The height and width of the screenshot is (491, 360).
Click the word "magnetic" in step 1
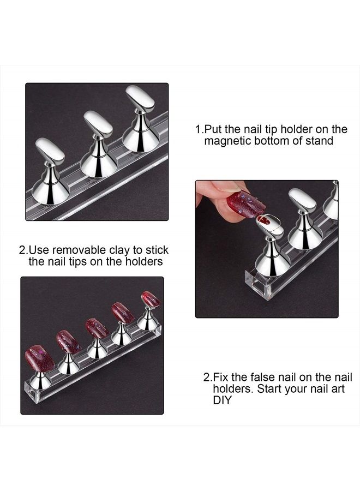[226, 141]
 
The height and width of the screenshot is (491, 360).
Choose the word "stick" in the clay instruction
[157, 250]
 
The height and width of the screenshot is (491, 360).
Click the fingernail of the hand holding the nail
[226, 187]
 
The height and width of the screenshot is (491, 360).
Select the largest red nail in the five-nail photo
[40, 358]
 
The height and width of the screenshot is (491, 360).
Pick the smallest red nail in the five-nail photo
[150, 299]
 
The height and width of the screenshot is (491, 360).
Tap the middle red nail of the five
[97, 328]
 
